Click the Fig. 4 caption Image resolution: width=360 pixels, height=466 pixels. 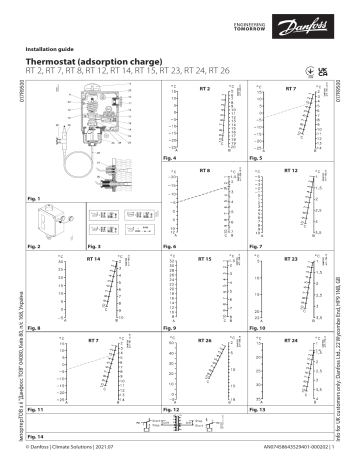(x=170, y=158)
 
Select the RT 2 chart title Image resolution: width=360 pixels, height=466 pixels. (x=204, y=89)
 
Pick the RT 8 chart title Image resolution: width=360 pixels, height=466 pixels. (x=204, y=171)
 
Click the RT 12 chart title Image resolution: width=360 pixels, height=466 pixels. (x=291, y=171)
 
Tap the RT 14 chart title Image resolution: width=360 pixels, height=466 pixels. (x=93, y=258)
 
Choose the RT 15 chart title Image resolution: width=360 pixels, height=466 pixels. (x=204, y=258)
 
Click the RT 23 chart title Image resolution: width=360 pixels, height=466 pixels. (x=291, y=258)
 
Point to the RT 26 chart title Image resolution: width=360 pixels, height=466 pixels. (x=204, y=341)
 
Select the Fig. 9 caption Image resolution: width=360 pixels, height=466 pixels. (x=170, y=328)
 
